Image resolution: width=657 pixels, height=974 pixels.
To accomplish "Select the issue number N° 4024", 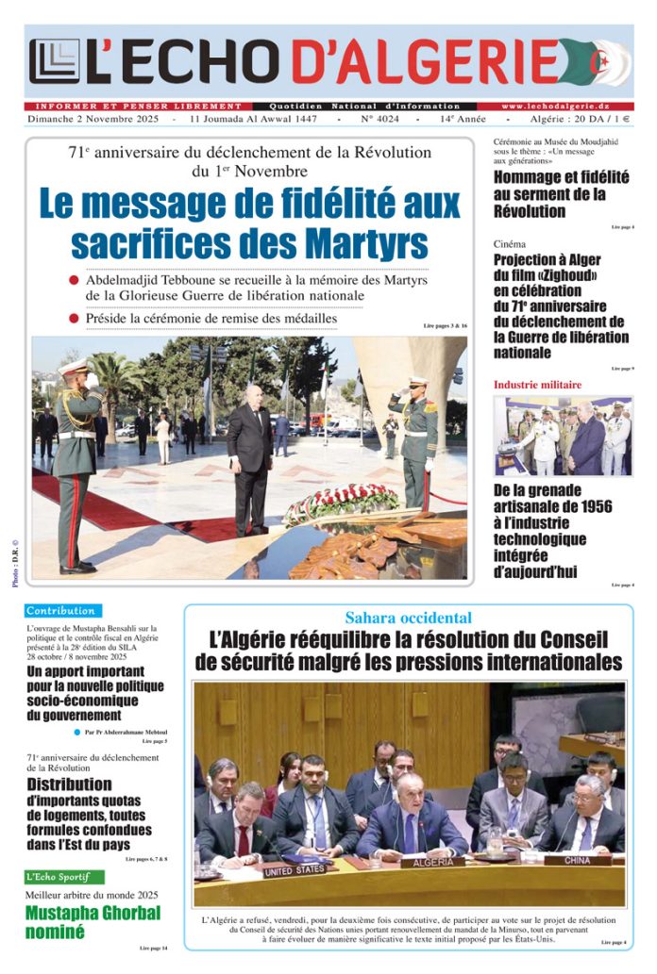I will pos(379,121).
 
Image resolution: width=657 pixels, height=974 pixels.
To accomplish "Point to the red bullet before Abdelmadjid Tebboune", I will pos(74,281).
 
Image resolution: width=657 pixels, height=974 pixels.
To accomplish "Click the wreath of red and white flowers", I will pos(342,502).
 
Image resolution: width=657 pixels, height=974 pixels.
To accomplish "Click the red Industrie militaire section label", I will pos(537,385).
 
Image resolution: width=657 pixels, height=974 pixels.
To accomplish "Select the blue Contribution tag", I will pos(61,611).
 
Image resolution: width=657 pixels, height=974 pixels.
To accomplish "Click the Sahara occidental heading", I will pos(408,619).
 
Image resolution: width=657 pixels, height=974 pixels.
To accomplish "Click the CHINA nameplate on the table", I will pos(578,860).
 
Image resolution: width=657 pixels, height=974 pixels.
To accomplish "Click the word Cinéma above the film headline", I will pos(510,244).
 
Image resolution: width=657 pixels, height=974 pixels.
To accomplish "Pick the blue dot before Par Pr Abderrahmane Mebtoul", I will pos(77,732).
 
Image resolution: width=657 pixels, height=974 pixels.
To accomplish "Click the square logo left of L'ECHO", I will pos(54,61).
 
